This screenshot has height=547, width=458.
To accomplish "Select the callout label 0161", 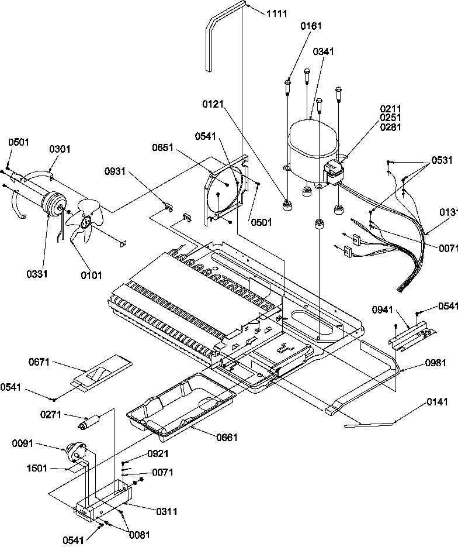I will tap(311, 26).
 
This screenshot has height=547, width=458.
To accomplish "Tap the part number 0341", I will tap(323, 51).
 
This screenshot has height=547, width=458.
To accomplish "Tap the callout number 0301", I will tap(60, 149).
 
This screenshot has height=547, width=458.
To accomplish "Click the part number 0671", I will tap(39, 363).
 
